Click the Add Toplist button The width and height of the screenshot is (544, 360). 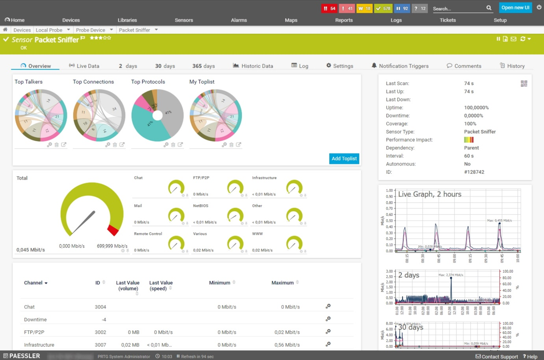point(344,159)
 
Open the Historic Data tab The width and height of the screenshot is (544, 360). point(253,66)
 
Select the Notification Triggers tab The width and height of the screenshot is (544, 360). point(400,66)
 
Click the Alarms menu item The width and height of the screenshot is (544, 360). point(239,20)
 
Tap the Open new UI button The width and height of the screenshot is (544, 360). point(515,7)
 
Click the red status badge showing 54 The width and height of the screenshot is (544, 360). point(329,8)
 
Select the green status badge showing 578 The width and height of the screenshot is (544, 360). point(383,8)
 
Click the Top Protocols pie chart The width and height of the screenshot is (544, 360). point(157,115)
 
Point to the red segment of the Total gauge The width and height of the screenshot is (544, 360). point(113,230)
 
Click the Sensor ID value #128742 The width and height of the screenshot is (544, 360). point(474,172)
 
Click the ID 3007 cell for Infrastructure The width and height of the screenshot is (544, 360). point(100,345)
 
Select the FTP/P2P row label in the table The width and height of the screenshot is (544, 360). point(34,332)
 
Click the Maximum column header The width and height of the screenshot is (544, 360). point(282,283)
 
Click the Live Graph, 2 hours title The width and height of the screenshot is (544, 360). point(430,194)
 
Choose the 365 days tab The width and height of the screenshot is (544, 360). point(204,66)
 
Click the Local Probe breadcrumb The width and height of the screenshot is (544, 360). point(49,30)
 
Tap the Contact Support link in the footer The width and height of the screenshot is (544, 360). point(499,356)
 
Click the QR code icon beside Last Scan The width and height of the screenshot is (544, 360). point(524,84)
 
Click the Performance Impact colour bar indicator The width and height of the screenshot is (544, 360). point(469,140)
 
